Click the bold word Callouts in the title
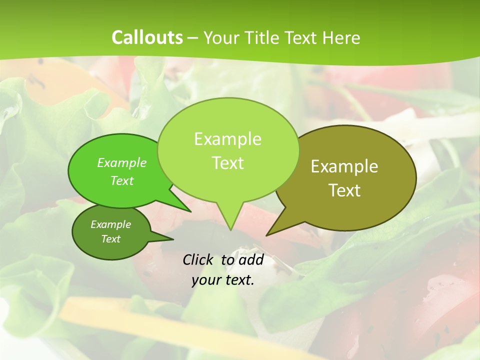pyautogui.click(x=147, y=37)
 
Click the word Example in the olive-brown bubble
pyautogui.click(x=344, y=166)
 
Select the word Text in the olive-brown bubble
pyautogui.click(x=344, y=190)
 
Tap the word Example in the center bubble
pyautogui.click(x=227, y=139)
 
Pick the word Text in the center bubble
pyautogui.click(x=227, y=163)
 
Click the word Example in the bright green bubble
pyautogui.click(x=122, y=162)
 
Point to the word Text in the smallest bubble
pyautogui.click(x=111, y=239)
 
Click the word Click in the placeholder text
pyautogui.click(x=198, y=259)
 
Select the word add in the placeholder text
pyautogui.click(x=251, y=259)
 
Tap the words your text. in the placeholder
pyautogui.click(x=222, y=280)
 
